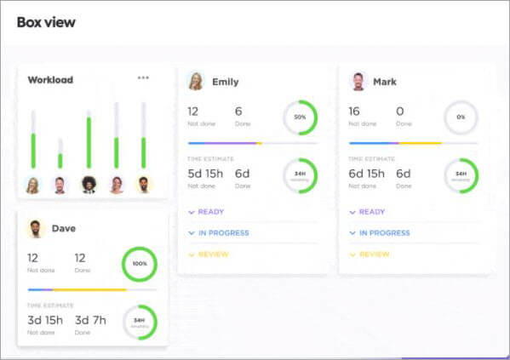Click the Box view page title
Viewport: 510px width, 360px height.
[46, 22]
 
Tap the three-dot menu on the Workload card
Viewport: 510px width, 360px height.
[143, 78]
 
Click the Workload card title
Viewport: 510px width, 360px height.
[50, 80]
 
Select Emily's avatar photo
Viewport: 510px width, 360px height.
[196, 81]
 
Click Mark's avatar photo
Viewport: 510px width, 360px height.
[358, 81]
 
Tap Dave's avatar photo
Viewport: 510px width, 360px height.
[36, 228]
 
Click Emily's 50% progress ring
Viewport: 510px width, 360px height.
[300, 117]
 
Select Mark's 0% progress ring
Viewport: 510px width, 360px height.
[461, 117]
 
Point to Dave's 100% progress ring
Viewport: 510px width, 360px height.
[139, 264]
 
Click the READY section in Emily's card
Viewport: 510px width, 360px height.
[209, 212]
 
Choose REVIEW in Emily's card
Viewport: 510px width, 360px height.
[211, 254]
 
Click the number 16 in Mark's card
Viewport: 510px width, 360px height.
[354, 111]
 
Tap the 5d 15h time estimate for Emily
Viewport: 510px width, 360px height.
[205, 174]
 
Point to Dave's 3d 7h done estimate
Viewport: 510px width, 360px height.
[90, 320]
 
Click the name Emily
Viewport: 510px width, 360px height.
[225, 82]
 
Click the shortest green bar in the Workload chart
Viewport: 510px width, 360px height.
[60, 160]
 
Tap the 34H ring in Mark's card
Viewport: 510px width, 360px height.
[461, 175]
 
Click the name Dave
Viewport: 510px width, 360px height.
[63, 228]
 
